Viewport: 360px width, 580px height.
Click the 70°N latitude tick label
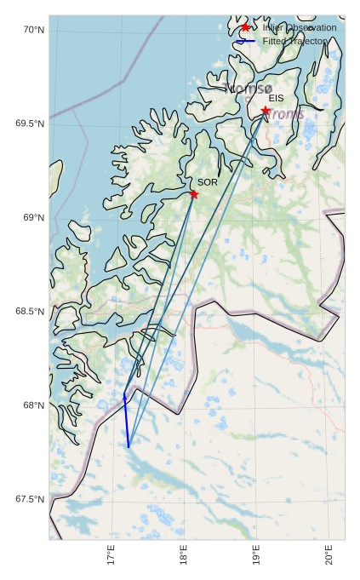point(32,30)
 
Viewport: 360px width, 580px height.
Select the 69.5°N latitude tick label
point(30,123)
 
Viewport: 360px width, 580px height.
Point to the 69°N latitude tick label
point(32,218)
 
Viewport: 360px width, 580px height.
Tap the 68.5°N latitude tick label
point(30,312)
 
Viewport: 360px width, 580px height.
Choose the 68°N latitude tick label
point(32,405)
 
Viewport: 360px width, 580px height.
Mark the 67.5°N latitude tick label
point(30,499)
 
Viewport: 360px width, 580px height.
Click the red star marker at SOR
point(194,194)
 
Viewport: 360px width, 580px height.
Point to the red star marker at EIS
point(266,111)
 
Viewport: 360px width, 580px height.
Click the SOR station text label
point(208,182)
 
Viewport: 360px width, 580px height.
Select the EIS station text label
point(276,99)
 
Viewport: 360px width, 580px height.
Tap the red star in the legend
point(246,27)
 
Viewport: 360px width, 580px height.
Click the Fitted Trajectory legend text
point(294,41)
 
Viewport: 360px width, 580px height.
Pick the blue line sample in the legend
point(246,41)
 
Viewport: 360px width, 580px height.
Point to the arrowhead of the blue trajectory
point(124,393)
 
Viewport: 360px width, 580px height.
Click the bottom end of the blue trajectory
point(129,446)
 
